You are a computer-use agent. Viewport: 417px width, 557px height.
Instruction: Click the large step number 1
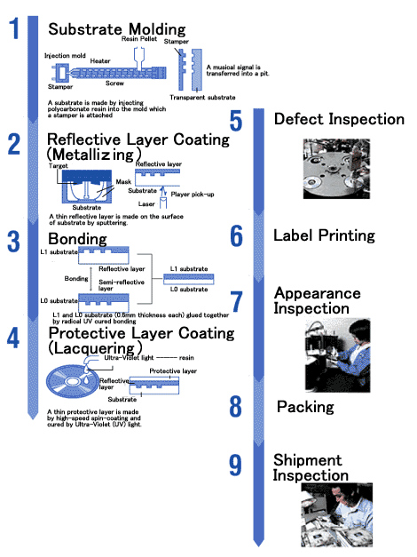point(14,28)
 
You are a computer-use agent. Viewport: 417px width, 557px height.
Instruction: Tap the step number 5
point(236,121)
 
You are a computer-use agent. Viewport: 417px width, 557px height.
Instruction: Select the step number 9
point(235,465)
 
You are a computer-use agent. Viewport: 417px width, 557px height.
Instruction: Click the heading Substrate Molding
point(117,29)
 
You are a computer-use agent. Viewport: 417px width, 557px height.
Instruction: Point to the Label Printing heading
point(324,235)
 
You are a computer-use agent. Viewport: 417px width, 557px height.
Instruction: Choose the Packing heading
point(305,407)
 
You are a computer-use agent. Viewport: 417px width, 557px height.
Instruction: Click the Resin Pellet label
point(139,39)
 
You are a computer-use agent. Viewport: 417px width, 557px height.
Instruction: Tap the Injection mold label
point(65,56)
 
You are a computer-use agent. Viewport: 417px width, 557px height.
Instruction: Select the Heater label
point(100,61)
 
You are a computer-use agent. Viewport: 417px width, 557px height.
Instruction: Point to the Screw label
point(114,84)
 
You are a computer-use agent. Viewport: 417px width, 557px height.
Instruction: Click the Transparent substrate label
point(202,98)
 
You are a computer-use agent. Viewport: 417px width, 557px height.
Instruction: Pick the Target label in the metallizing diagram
point(59,166)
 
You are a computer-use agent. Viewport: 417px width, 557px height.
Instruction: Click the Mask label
point(123,182)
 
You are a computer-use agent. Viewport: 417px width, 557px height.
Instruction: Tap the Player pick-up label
point(193,195)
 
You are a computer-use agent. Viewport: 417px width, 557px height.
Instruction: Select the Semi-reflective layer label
point(122,285)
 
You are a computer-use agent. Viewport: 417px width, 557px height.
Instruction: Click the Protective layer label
point(173,370)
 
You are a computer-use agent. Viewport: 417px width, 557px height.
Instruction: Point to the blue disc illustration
point(73,381)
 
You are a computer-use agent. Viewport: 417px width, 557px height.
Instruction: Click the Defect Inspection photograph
point(336,169)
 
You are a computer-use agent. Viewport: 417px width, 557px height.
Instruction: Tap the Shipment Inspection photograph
point(337,514)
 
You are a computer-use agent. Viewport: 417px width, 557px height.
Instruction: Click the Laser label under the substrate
point(146,204)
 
